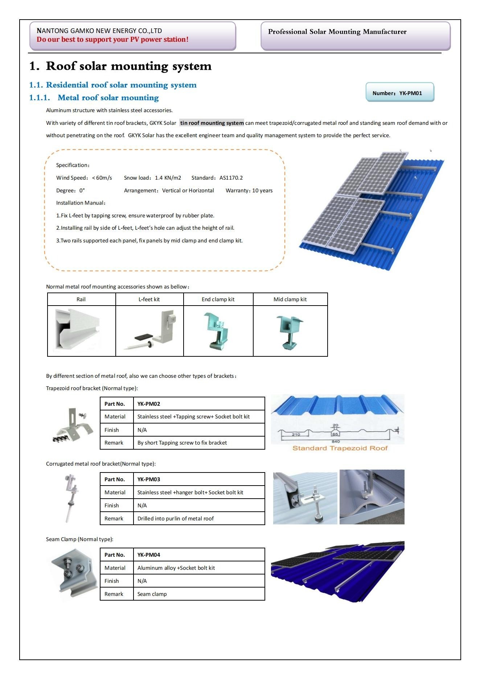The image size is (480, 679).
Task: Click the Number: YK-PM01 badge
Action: pos(399,93)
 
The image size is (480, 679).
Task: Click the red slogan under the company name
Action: pos(112,40)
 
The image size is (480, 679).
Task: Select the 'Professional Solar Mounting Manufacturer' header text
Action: pos(337,32)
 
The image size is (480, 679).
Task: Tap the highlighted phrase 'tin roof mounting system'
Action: pos(212,123)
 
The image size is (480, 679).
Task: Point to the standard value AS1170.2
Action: pos(231,178)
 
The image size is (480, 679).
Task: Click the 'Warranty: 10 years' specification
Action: pos(249,191)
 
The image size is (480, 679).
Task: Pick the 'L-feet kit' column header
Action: pos(149,299)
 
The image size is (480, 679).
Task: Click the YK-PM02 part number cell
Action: pos(149,404)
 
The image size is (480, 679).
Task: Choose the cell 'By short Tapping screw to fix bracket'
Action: pos(182,443)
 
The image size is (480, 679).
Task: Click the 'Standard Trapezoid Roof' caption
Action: pos(340,448)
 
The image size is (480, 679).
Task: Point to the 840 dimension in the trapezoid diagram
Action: pos(336,441)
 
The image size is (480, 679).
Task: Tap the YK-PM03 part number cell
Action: pos(149,479)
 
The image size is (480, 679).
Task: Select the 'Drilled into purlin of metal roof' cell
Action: pos(176,519)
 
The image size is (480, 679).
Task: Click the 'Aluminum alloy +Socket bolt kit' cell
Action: pos(176,568)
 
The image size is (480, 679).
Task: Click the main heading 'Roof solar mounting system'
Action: pos(128,66)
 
